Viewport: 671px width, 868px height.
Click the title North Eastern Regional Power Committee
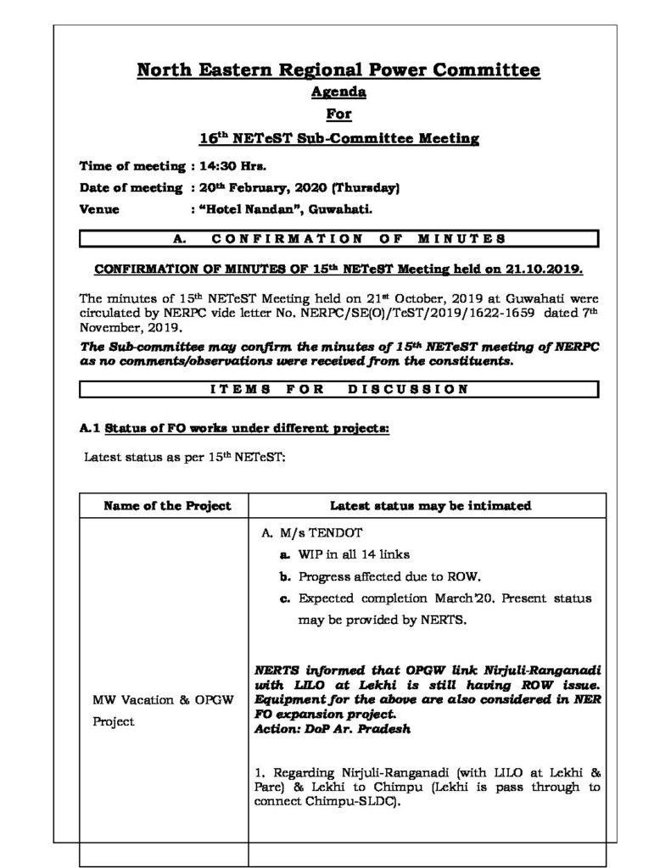tap(338, 70)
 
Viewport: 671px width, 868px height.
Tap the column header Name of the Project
tap(166, 506)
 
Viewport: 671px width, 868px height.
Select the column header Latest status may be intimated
tap(430, 506)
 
